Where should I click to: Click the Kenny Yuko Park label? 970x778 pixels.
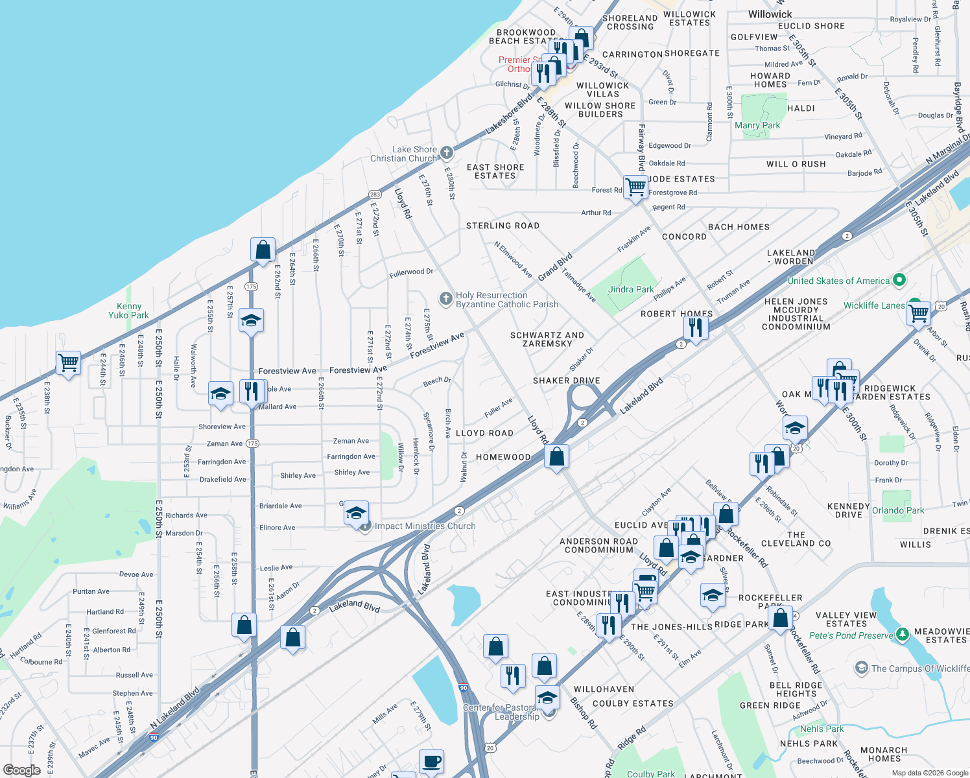[128, 311]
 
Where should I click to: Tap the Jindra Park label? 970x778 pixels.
[631, 289]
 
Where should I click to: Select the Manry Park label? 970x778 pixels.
[757, 125]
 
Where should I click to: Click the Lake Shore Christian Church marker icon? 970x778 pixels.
[446, 153]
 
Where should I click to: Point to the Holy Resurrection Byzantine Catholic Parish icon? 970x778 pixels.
[445, 299]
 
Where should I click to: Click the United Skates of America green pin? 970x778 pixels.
[899, 280]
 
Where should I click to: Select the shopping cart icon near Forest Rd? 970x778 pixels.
[635, 187]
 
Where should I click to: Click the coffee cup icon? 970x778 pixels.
[431, 761]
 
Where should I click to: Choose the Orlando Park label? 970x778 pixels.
[897, 510]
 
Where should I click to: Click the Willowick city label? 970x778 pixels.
[770, 14]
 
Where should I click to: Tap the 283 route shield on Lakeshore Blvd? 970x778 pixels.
[375, 194]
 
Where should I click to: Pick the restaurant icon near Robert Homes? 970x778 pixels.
[695, 327]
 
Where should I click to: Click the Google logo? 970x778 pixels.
[21, 770]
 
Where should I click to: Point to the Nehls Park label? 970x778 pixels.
[822, 729]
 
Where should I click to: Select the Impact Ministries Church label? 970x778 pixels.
[425, 526]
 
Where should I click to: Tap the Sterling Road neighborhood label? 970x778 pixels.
[503, 226]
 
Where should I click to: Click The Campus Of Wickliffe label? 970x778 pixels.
[920, 668]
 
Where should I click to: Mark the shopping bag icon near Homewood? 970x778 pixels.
[556, 456]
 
